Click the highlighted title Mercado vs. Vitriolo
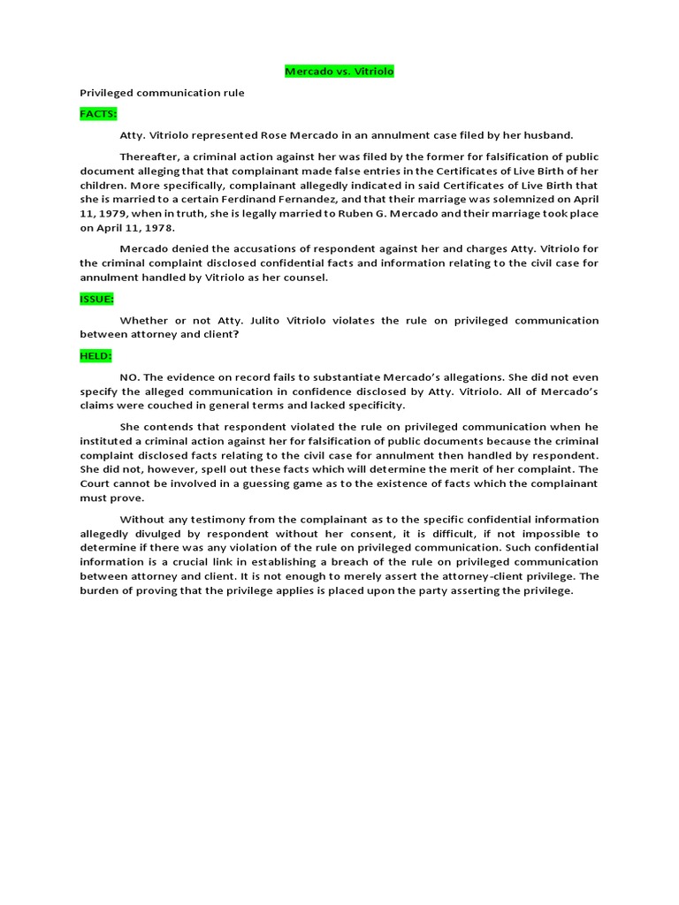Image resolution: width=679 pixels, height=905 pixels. (x=339, y=72)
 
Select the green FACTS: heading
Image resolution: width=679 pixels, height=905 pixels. (x=98, y=114)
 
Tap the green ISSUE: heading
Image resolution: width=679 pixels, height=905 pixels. (x=96, y=300)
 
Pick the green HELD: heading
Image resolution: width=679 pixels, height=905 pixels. (x=95, y=355)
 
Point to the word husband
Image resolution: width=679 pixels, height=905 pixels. (x=549, y=135)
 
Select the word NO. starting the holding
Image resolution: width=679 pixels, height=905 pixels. (x=131, y=376)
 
